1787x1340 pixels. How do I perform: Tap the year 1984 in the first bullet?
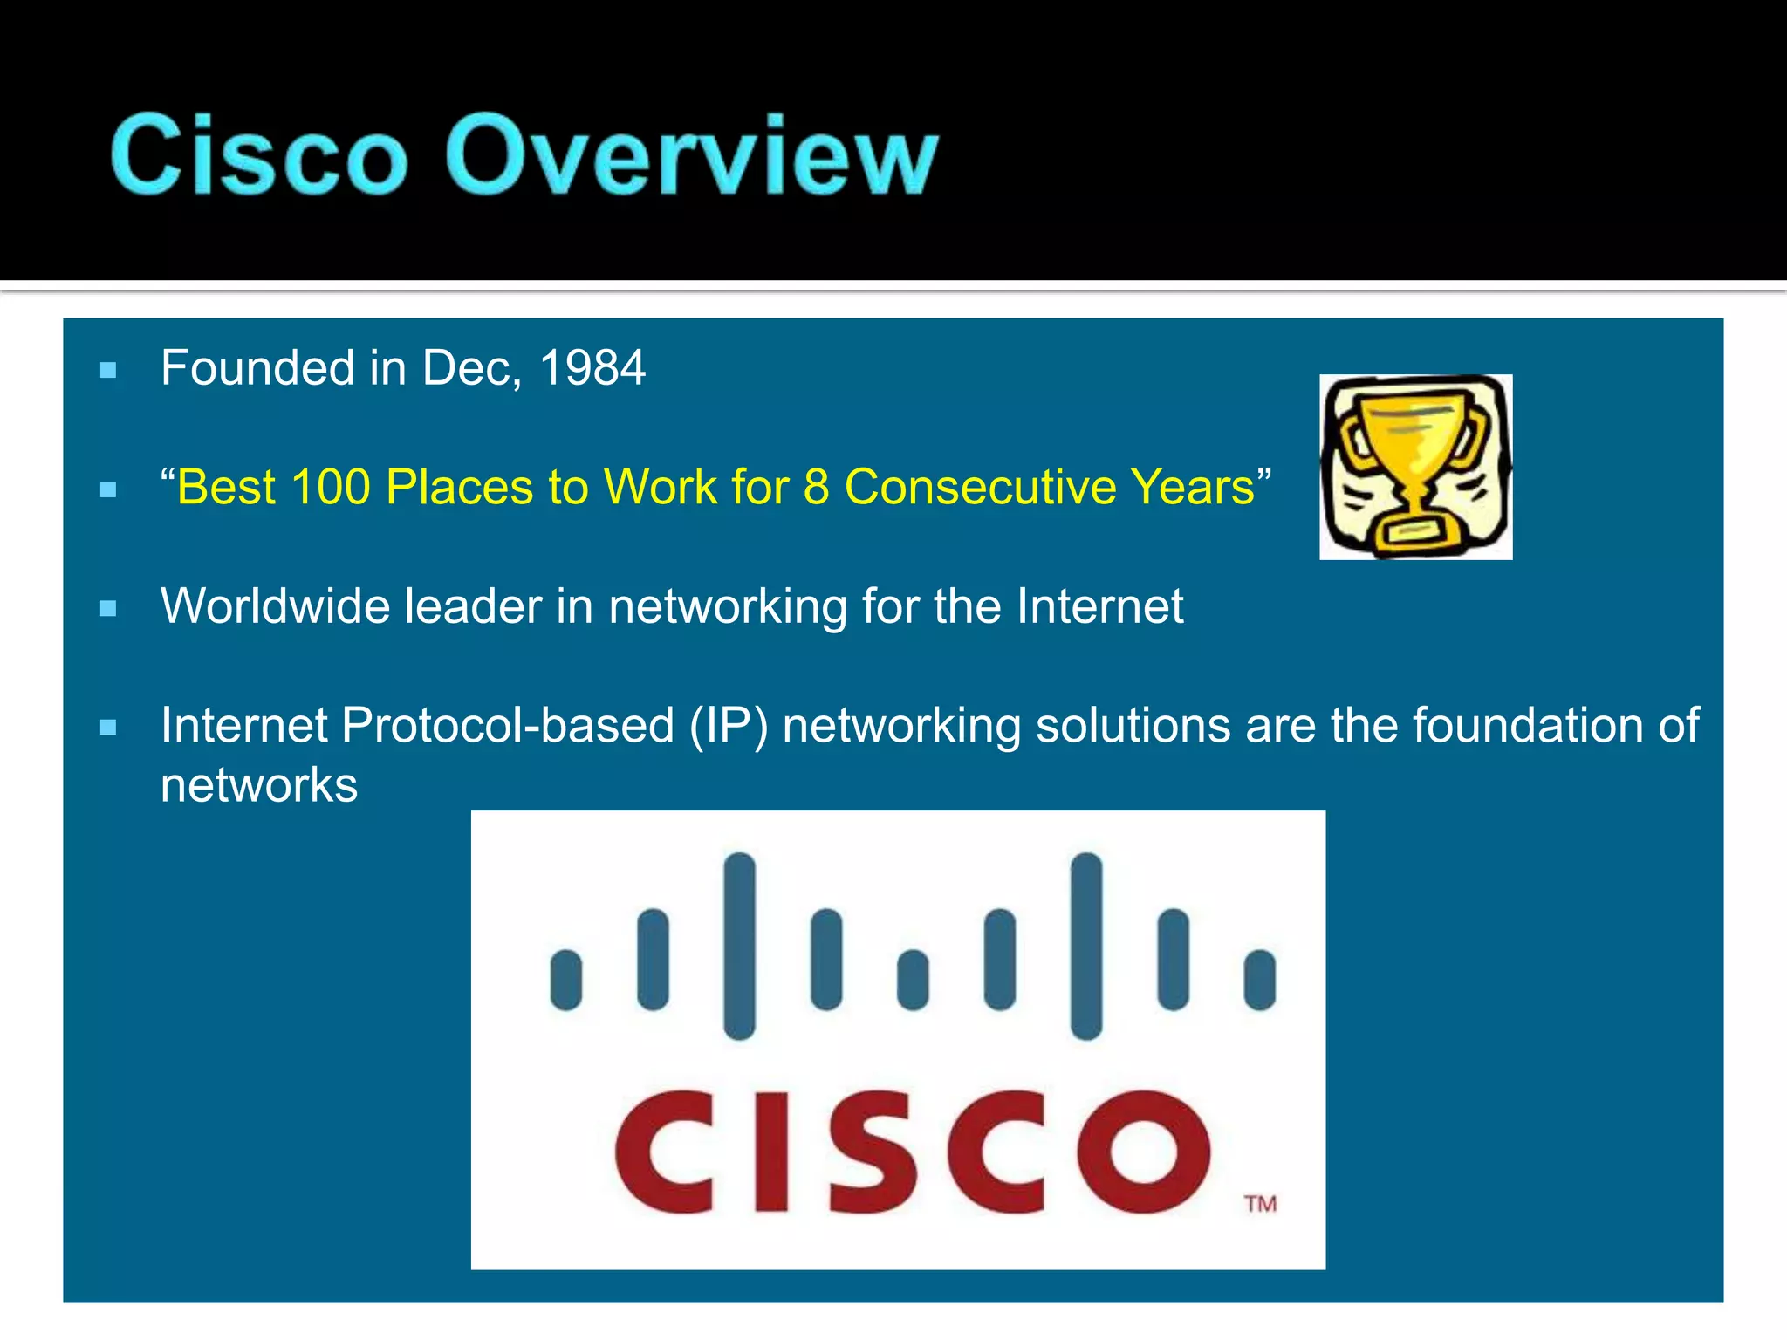[592, 368]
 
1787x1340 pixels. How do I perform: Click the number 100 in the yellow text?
[331, 487]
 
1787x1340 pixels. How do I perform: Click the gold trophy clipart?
[1414, 467]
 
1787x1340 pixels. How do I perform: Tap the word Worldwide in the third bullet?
[275, 606]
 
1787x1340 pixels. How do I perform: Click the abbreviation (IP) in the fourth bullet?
[729, 726]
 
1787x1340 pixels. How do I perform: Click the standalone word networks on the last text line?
[259, 785]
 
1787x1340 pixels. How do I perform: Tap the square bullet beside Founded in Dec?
[108, 371]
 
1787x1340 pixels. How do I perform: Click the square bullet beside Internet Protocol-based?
[108, 728]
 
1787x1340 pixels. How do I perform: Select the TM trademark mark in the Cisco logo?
[1260, 1204]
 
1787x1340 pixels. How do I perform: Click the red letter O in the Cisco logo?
[1143, 1152]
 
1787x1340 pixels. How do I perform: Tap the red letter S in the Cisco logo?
[873, 1152]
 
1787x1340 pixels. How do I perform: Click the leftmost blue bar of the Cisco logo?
[566, 980]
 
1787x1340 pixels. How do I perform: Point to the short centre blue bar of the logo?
[913, 980]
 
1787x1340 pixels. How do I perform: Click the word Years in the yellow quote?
[1192, 487]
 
